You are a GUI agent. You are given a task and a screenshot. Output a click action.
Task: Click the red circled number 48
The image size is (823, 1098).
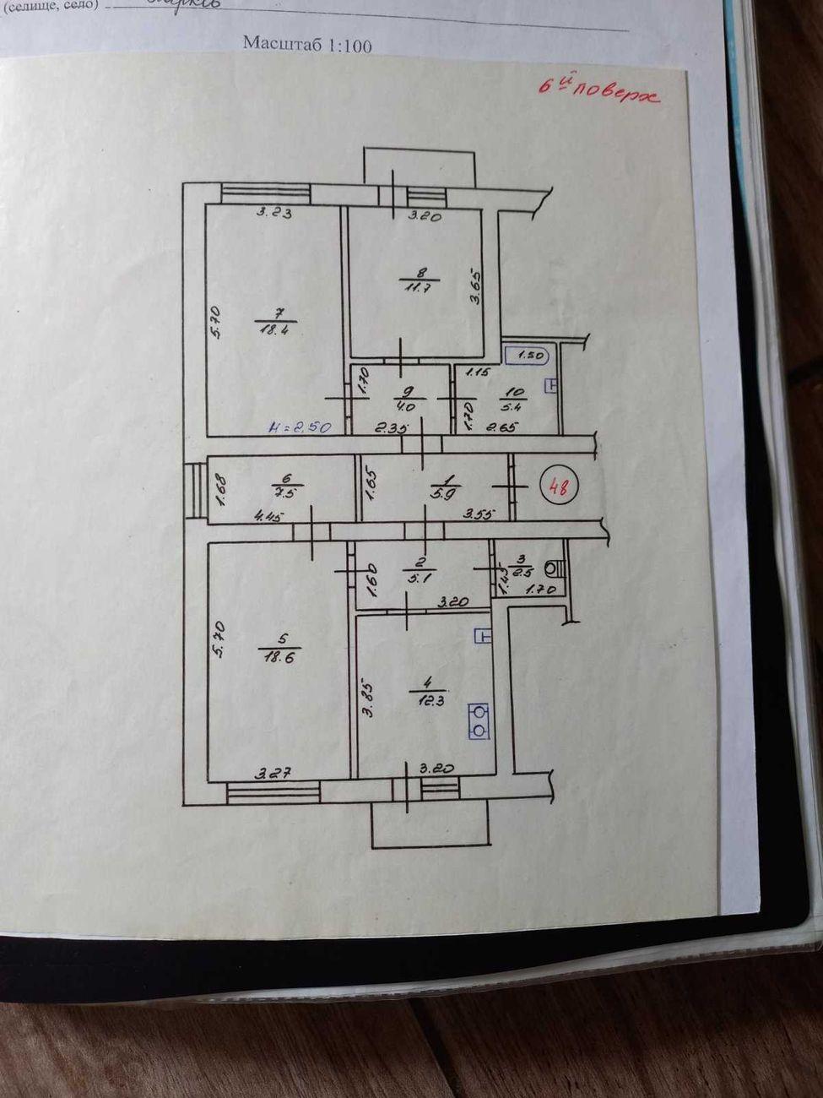point(557,487)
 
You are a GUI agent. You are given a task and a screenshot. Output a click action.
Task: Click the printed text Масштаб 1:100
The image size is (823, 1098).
point(307,45)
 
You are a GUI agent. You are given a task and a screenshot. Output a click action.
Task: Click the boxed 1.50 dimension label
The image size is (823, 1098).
point(528,356)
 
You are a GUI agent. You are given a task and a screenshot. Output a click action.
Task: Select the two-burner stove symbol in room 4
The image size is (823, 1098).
point(479,720)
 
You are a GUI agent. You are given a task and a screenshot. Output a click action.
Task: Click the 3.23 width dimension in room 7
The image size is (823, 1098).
point(273,214)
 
